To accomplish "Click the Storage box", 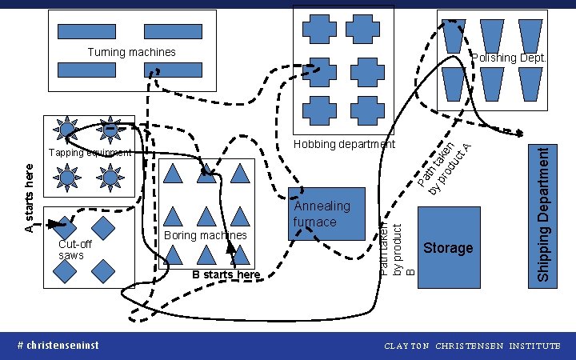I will tap(449, 248).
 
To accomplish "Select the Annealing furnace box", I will tap(326, 214).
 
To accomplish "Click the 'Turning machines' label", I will tap(131, 52).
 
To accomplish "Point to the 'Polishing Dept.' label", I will tap(508, 58).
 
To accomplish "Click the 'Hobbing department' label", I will tap(344, 144).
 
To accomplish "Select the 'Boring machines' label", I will tap(205, 235).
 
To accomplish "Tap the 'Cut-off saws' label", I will tap(74, 250).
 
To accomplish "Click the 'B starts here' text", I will tap(226, 275).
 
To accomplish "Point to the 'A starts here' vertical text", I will tap(30, 198).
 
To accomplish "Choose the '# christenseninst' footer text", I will tap(58, 346).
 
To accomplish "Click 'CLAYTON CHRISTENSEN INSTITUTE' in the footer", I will tap(472, 346).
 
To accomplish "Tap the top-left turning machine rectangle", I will tap(86, 31).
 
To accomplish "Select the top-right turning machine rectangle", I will tap(172, 31).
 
